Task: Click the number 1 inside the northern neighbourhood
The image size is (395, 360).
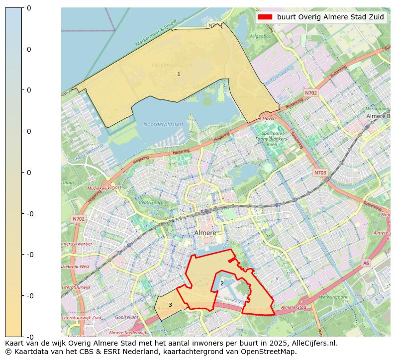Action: point(179,75)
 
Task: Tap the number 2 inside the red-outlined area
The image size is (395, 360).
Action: point(222,284)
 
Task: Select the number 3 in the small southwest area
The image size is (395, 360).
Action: point(170,305)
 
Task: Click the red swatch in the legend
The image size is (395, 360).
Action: point(265,17)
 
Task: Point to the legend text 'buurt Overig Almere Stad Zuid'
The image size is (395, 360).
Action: point(330,17)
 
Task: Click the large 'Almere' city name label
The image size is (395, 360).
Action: point(205,233)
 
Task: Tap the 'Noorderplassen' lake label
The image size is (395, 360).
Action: point(163,124)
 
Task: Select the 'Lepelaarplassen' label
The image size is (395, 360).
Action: point(172,65)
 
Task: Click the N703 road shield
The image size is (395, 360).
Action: point(320,173)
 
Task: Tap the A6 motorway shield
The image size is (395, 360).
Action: point(366,263)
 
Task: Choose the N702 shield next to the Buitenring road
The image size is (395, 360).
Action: point(311,93)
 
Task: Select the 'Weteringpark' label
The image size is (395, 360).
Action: point(332,297)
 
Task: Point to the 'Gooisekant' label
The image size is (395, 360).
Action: point(126,317)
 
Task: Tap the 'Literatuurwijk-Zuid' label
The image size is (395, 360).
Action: point(82,318)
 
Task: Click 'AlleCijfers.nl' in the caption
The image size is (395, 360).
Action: point(312,343)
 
